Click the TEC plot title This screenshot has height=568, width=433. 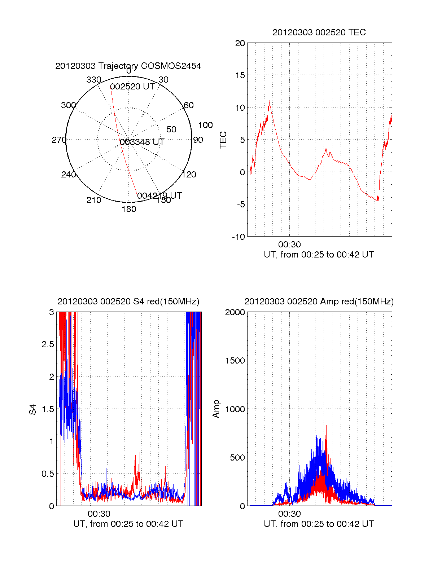[x=319, y=32]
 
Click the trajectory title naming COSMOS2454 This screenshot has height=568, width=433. [x=128, y=66]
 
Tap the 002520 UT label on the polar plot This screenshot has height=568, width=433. [x=132, y=87]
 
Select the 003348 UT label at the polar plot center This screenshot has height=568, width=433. [x=142, y=142]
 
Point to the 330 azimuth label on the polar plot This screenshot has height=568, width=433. [x=93, y=80]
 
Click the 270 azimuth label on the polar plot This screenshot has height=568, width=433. [x=59, y=140]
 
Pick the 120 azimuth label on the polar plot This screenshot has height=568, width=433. [x=189, y=175]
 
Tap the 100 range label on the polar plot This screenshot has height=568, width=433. [x=205, y=125]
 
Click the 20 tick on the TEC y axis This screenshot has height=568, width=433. [x=240, y=43]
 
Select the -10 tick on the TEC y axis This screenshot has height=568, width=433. [x=239, y=237]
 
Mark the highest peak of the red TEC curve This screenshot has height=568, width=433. [x=270, y=101]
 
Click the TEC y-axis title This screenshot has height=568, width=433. [x=223, y=140]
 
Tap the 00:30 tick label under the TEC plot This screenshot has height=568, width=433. [x=289, y=245]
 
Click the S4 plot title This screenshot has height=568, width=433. [x=128, y=301]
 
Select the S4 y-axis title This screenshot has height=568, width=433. [x=33, y=409]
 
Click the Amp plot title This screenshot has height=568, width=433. [x=319, y=301]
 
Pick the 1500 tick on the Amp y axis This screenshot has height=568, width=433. [x=235, y=361]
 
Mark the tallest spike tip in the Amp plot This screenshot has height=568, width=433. [x=326, y=392]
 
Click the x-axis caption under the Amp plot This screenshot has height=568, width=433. [x=319, y=524]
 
